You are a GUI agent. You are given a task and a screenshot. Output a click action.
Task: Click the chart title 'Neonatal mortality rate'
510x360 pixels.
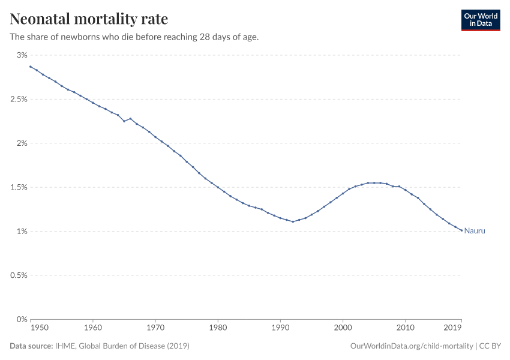(89, 19)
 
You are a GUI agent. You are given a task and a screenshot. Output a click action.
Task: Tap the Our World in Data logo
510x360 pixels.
(480, 20)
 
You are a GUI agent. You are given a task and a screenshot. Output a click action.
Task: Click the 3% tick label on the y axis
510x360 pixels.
(22, 55)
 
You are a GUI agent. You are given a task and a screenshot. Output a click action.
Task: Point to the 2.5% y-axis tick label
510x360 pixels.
(19, 99)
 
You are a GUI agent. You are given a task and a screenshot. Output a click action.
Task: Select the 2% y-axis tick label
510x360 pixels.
(22, 143)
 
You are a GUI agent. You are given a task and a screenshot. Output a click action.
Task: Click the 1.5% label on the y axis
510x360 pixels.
(19, 187)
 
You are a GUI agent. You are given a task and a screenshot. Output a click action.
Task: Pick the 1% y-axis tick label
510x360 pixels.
(22, 232)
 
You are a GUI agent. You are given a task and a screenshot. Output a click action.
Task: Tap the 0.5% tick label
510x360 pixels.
(19, 275)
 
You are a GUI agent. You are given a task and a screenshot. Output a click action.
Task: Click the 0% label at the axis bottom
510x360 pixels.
(22, 319)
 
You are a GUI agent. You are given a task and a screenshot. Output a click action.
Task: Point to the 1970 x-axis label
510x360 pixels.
(155, 329)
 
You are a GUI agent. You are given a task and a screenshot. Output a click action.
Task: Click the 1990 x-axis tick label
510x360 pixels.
(280, 329)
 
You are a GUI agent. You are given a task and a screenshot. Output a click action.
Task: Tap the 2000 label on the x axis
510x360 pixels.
(343, 329)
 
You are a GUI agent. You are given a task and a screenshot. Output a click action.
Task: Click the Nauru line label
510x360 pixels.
(475, 231)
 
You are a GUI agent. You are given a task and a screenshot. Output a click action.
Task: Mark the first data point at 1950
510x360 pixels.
(31, 67)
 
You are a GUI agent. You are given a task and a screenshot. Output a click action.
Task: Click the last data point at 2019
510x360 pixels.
(461, 230)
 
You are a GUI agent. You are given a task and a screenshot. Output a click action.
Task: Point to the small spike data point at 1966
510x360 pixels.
(130, 118)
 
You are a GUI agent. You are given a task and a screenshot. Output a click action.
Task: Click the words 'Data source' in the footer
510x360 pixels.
(32, 346)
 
